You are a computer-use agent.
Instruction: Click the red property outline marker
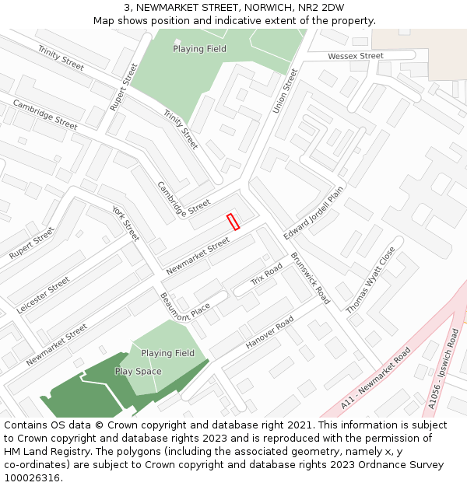(x=232, y=222)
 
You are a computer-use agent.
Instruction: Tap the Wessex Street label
(x=355, y=56)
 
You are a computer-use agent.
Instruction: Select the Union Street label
(x=286, y=91)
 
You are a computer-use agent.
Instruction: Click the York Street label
(x=125, y=224)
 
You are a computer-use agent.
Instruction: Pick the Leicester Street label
(x=43, y=295)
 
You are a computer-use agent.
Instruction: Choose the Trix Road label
(x=266, y=274)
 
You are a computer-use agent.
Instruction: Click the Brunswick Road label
(x=311, y=278)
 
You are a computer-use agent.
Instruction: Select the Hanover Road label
(x=269, y=333)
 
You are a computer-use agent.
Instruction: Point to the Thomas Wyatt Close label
(x=370, y=281)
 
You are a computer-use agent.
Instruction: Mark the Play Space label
(x=138, y=372)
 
